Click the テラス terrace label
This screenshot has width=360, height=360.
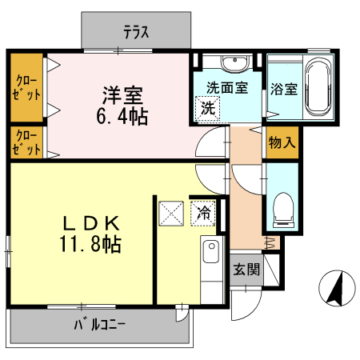pos(137,33)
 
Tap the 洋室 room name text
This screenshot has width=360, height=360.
pos(122,94)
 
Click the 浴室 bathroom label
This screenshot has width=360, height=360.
pos(284,88)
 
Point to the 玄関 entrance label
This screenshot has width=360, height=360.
pos(247,270)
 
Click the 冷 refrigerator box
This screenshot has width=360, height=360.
pos(204,213)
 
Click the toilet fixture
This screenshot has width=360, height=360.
pos(283,208)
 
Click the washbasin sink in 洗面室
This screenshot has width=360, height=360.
pos(234,63)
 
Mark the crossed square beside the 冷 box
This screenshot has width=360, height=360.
pos(172,214)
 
